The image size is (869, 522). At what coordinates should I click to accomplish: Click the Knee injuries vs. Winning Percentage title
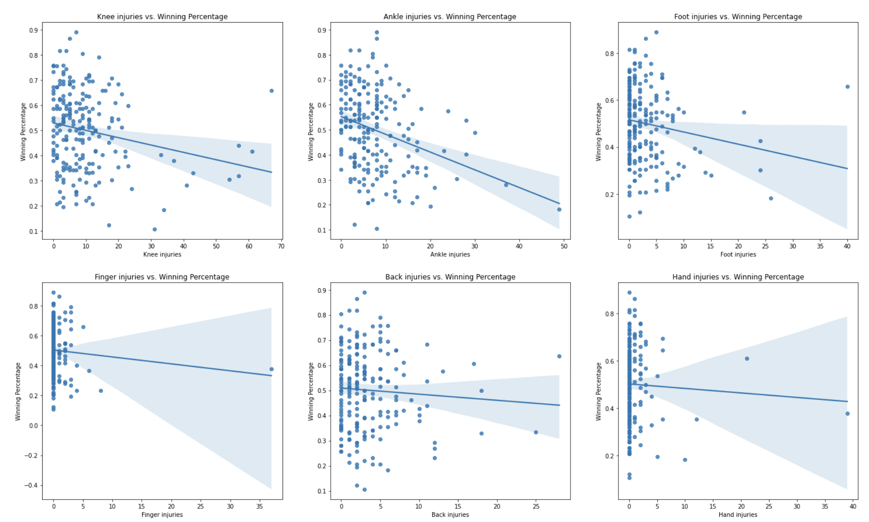162,16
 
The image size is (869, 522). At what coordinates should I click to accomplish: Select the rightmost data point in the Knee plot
272,91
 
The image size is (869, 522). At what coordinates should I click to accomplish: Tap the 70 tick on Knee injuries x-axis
281,246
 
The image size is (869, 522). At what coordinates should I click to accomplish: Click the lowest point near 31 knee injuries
155,230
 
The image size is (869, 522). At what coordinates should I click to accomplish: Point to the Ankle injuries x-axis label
450,254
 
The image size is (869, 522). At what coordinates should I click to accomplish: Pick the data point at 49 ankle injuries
559,209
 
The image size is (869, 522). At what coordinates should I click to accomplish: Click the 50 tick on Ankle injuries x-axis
564,246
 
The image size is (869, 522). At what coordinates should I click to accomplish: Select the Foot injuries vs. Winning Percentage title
738,16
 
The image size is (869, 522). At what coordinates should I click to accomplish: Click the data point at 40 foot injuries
847,87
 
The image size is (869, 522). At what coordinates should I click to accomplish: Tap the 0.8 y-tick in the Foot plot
609,54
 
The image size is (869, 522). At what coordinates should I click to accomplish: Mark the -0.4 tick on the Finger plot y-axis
31,485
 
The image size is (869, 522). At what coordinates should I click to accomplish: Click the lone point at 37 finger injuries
272,369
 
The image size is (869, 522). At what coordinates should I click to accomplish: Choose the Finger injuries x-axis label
162,514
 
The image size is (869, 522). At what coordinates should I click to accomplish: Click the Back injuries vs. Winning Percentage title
450,277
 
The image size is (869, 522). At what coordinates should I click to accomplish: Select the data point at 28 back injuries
559,356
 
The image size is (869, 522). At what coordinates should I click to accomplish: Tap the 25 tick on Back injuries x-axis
536,507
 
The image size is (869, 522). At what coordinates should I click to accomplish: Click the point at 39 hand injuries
847,414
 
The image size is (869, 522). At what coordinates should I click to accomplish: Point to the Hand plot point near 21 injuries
747,359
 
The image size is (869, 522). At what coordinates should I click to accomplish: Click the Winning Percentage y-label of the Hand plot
598,391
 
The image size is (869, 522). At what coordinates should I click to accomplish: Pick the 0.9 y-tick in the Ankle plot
321,30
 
